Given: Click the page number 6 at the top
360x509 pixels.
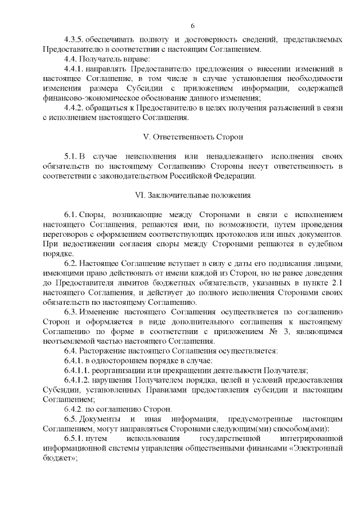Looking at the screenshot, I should tap(192, 26).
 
